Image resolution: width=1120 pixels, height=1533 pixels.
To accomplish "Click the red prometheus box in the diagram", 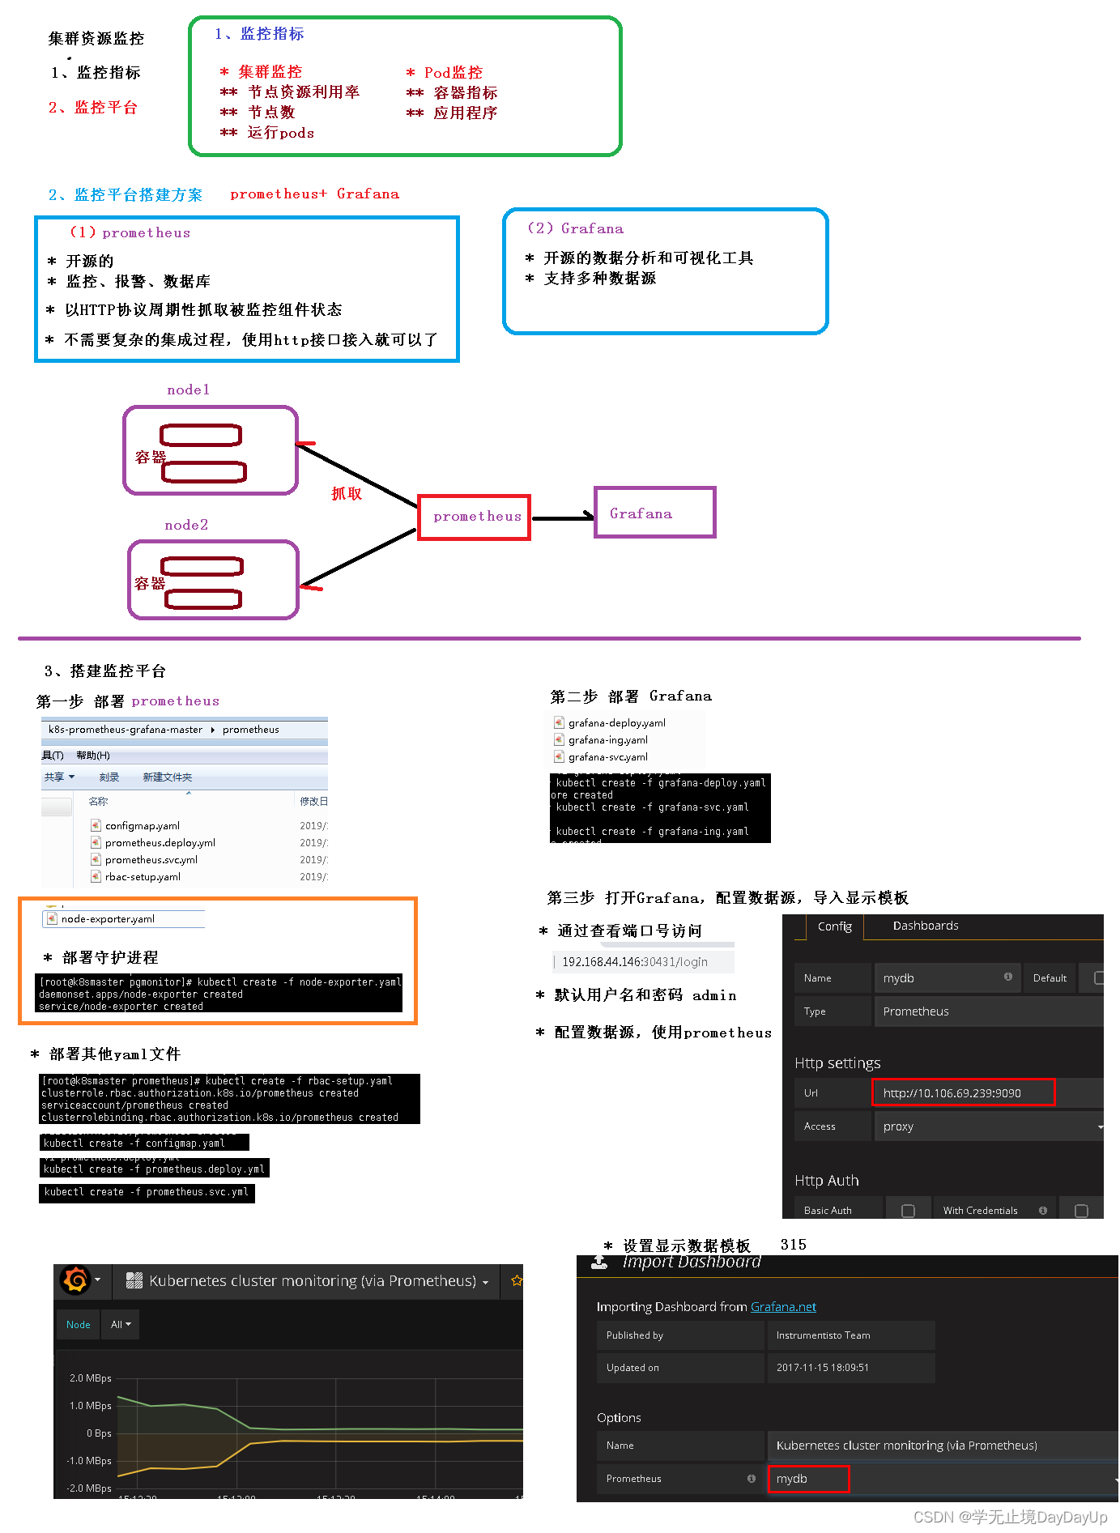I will (475, 517).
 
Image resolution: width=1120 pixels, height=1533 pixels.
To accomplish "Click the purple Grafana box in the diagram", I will (655, 513).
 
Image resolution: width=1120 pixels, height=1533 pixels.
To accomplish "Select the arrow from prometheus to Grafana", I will (563, 517).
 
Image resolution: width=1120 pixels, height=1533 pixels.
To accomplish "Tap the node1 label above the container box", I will (189, 390).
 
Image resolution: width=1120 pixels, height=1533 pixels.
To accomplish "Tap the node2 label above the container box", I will (186, 526).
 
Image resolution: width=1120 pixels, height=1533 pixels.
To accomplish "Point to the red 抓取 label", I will (347, 494).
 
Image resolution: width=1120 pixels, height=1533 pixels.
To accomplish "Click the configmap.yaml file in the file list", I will (142, 826).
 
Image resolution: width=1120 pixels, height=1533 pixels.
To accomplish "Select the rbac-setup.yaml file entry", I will (143, 877).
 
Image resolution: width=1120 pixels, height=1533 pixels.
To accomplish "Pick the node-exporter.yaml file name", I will (108, 919).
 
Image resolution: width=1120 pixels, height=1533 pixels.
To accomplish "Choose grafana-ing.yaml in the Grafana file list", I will (607, 740).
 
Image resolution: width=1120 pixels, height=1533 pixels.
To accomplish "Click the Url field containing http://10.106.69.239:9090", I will (963, 1093).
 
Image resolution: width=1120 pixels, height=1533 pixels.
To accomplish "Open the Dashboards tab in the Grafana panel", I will (926, 926).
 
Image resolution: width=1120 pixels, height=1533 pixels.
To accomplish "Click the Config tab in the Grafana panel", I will (834, 926).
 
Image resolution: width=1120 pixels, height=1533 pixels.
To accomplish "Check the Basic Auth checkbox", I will (908, 1211).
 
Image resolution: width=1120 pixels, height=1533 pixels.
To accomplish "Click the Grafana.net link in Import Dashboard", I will (783, 1307).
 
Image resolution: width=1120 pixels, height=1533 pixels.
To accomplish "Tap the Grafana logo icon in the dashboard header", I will (75, 1280).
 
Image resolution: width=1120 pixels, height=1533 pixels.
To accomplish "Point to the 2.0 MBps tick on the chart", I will (90, 1378).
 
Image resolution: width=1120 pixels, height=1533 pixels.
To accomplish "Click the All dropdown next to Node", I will (121, 1325).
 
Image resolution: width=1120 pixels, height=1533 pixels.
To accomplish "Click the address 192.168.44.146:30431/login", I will (634, 962).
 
